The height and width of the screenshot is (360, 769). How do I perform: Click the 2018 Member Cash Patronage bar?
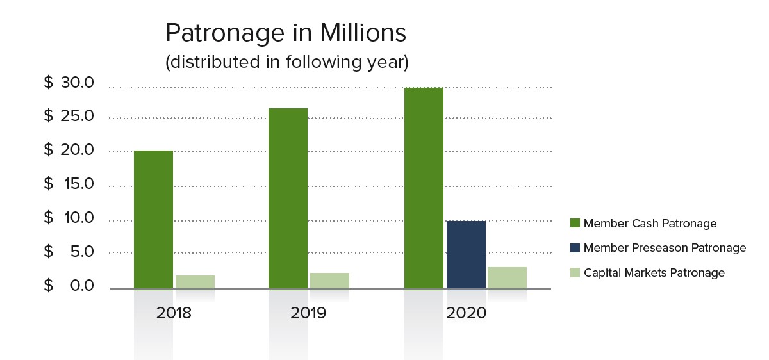coord(153,219)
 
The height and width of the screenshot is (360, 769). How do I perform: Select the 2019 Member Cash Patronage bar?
coord(288,199)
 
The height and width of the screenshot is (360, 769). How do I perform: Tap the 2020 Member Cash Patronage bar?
coord(424,188)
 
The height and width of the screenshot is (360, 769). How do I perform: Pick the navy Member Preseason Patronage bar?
coord(466,254)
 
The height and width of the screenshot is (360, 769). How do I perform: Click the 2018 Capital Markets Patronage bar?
coord(195,282)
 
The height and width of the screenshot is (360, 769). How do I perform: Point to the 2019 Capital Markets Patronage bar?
coord(329,281)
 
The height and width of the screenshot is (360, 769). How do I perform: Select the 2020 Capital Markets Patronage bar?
coord(507,277)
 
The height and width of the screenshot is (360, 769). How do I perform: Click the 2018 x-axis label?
coord(174,313)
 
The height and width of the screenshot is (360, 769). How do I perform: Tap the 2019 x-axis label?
coord(308,313)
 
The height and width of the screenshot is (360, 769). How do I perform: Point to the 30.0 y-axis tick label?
coord(77,83)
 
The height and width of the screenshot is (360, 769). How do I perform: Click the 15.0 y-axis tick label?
coord(77,184)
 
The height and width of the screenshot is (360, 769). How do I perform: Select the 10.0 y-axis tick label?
coord(77,218)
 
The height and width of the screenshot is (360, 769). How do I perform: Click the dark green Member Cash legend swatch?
coord(575,224)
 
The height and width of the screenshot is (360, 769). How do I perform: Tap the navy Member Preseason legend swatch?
coord(575,248)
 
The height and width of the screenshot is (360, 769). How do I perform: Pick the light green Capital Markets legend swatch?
coord(575,273)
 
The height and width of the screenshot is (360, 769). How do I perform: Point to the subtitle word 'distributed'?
coord(210,63)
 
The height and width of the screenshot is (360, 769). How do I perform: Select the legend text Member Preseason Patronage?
coord(665,248)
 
